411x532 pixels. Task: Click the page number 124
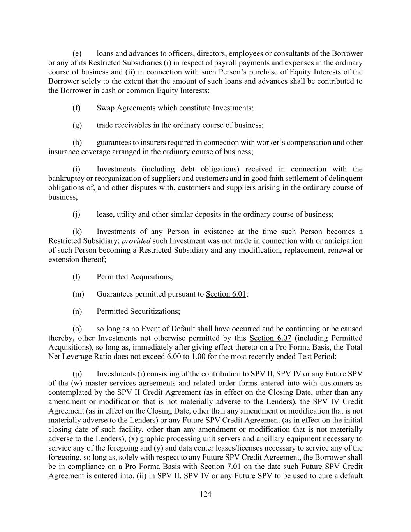click(205, 494)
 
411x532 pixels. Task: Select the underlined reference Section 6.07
click(270, 338)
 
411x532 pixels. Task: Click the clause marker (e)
click(77, 54)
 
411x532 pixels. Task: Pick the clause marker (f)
click(76, 108)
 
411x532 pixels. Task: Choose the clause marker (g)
click(77, 125)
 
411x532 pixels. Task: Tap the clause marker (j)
click(76, 214)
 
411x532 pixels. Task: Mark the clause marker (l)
click(76, 277)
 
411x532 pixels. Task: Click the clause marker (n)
click(77, 311)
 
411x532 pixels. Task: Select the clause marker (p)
click(77, 374)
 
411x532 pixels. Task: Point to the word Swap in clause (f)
click(105, 108)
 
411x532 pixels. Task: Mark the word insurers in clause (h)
click(145, 143)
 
